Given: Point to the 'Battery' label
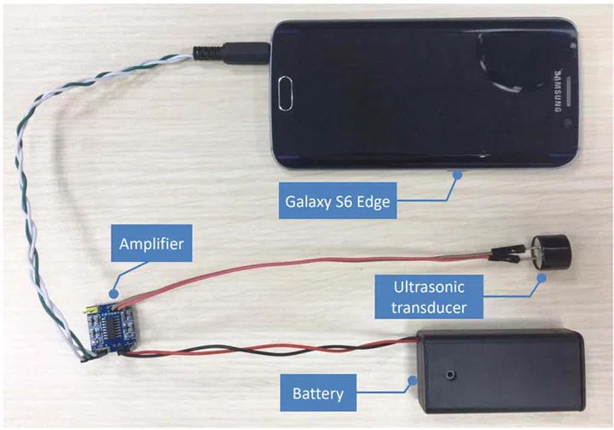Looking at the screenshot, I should pyautogui.click(x=318, y=393).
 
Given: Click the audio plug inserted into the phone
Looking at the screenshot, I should pyautogui.click(x=244, y=53).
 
